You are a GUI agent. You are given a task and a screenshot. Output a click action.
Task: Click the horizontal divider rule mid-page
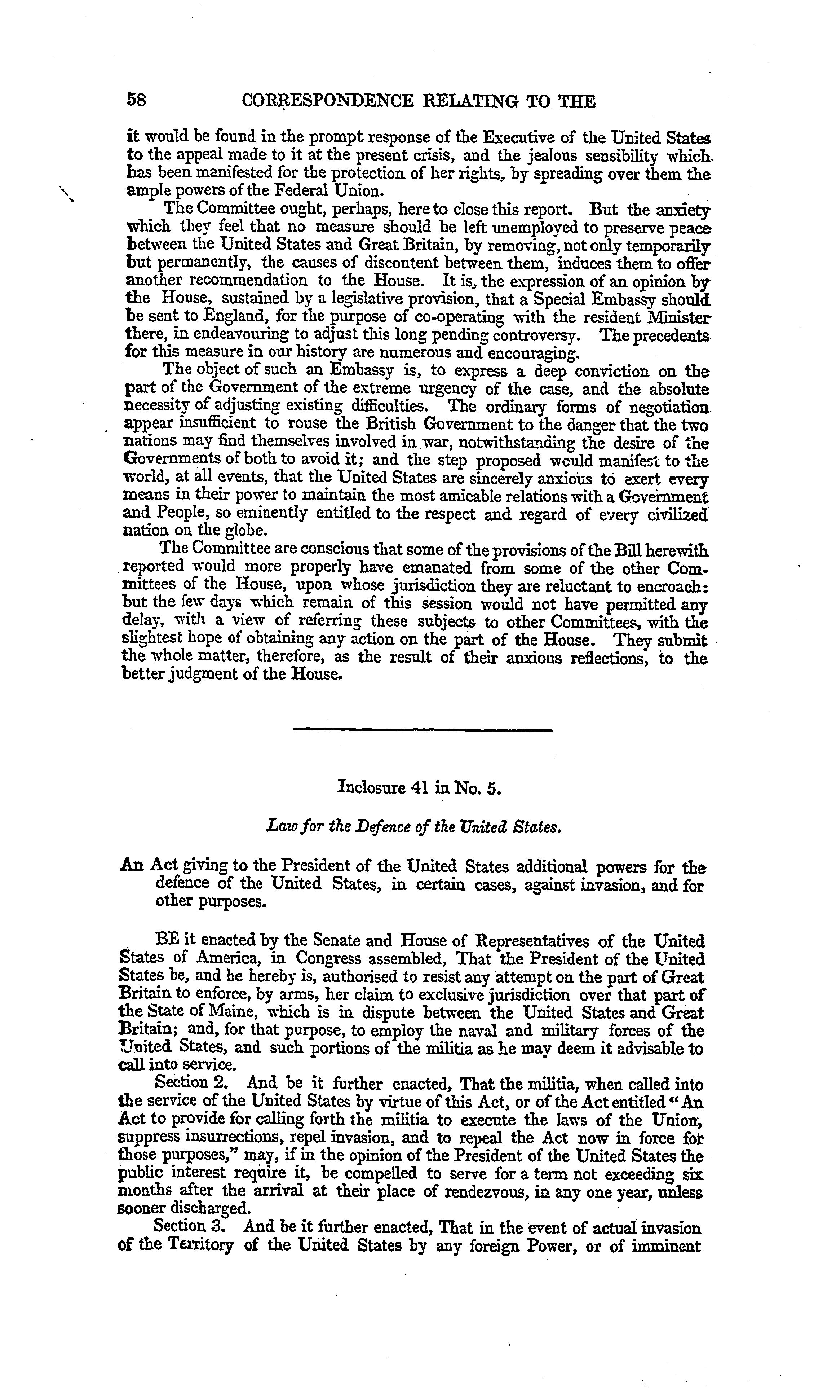(x=423, y=731)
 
